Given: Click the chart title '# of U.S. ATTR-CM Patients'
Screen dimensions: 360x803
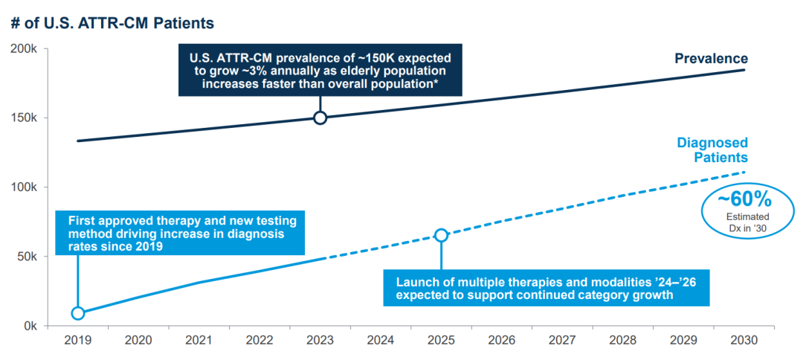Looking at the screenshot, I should (112, 24).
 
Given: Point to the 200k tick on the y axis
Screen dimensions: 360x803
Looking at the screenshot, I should (28, 49).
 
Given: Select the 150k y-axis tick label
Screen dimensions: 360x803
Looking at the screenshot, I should (28, 118).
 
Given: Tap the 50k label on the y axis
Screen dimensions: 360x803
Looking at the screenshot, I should (31, 257).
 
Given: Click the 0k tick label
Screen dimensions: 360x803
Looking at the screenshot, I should (34, 326).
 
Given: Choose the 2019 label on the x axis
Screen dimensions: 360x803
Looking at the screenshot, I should (77, 340).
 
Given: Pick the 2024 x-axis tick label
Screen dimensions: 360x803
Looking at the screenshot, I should (380, 340).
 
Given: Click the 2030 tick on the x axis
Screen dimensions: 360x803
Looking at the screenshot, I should (744, 340).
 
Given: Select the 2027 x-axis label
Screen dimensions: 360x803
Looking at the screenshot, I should (562, 340).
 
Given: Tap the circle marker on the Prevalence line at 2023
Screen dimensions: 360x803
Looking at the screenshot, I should (320, 118).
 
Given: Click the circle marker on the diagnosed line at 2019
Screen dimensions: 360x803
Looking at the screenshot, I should (78, 313).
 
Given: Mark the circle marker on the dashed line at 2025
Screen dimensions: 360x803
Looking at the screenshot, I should (441, 235).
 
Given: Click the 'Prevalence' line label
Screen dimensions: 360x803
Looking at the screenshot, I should (711, 59).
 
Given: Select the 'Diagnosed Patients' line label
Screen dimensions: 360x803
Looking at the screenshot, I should (712, 150).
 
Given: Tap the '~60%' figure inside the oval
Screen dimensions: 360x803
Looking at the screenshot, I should (744, 200).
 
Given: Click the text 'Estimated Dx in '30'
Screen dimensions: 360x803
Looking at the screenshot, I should (744, 222).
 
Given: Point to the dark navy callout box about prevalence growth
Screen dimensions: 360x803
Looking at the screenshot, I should (320, 69).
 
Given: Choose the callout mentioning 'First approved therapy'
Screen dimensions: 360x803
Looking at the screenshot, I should (182, 234).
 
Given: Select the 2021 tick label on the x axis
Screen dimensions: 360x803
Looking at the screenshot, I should (199, 340).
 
